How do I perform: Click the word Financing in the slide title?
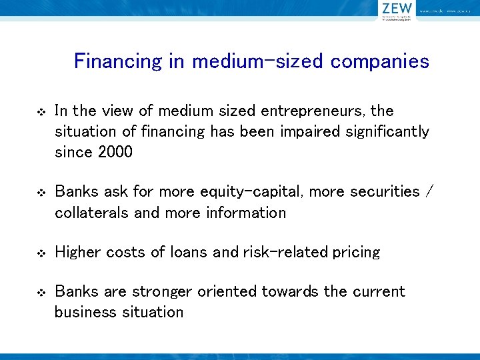(x=118, y=62)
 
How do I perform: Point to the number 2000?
(x=115, y=152)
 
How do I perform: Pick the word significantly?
(x=387, y=131)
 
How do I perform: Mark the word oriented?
(x=226, y=291)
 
